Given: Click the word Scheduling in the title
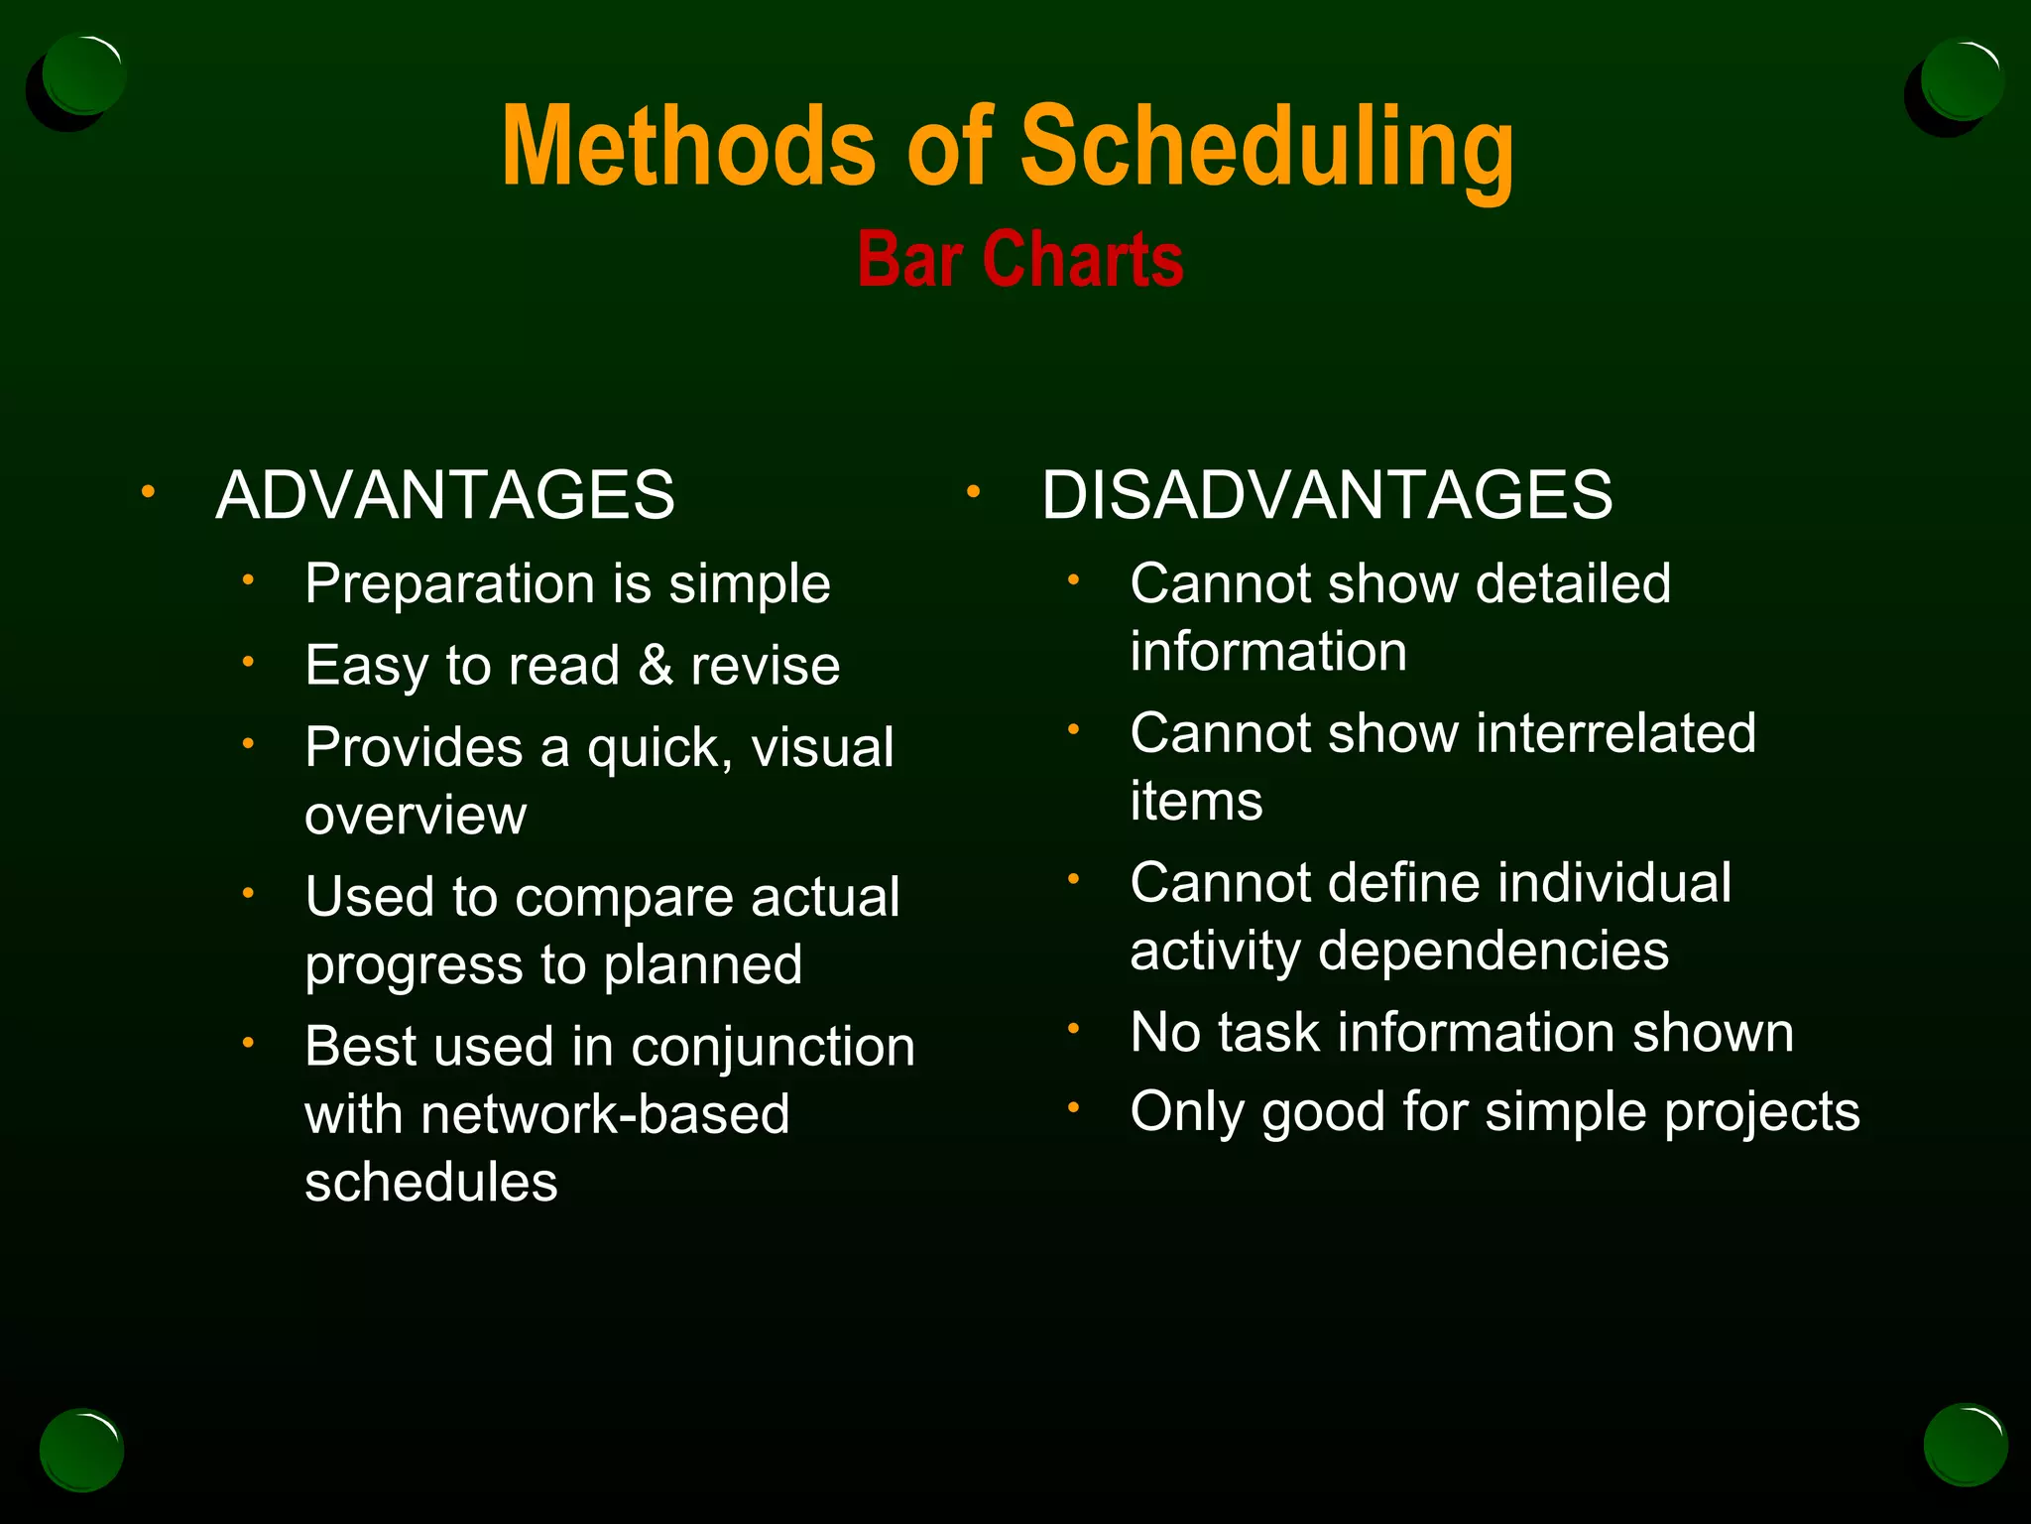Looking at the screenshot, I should (1267, 149).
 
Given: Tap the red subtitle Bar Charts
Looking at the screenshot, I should (1020, 260).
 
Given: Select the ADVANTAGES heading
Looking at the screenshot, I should (445, 494).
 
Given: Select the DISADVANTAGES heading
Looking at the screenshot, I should (1327, 494).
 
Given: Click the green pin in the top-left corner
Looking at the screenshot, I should (83, 75).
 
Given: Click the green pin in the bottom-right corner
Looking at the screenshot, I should (1965, 1445).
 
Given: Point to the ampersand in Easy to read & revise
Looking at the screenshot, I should (656, 665).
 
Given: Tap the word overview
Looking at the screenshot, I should (416, 816).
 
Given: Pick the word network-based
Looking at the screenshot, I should (605, 1114).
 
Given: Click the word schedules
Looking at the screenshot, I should (431, 1183).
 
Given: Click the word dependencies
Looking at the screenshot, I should (1493, 952).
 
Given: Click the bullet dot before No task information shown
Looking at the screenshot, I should (1073, 1028).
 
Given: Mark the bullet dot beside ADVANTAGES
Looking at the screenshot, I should (148, 491).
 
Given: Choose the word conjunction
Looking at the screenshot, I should (773, 1047).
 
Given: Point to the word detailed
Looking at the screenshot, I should (1573, 583).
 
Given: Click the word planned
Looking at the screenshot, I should (703, 965).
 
